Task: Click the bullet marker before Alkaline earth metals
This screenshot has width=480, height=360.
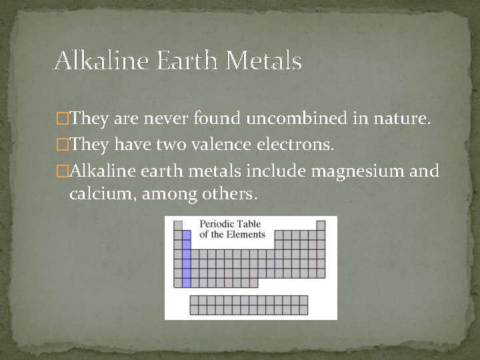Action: tap(63, 171)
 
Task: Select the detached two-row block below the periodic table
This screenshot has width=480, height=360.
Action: tap(249, 305)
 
